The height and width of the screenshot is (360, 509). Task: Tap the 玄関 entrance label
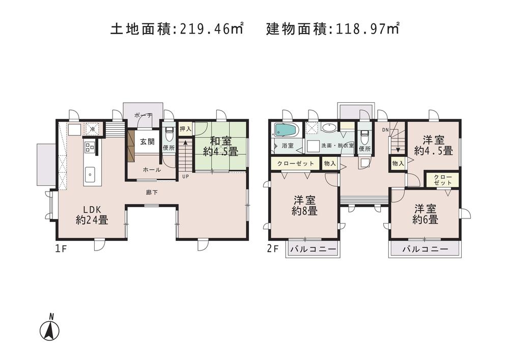click(148, 142)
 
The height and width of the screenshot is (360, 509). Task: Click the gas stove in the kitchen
click(90, 147)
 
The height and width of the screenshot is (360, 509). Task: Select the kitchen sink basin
click(90, 174)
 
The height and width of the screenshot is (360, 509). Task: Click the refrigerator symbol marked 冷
click(92, 129)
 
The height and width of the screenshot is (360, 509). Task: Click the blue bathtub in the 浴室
click(286, 129)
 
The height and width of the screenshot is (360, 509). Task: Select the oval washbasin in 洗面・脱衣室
click(329, 128)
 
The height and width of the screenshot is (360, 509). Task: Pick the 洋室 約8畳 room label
click(304, 205)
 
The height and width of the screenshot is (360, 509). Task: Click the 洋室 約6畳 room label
click(426, 214)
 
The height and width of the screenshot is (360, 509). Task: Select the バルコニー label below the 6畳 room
click(425, 249)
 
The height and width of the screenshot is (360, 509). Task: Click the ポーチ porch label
click(143, 116)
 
